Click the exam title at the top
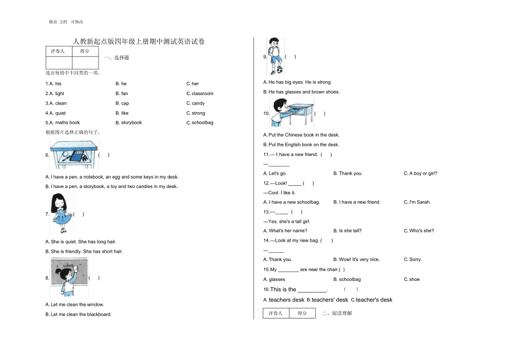click(139, 41)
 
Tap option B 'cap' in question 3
click(122, 103)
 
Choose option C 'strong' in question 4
click(196, 113)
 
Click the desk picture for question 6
click(74, 154)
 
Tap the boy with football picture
click(274, 55)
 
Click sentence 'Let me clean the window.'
click(77, 305)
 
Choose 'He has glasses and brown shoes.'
click(304, 92)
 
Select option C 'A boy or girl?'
click(420, 174)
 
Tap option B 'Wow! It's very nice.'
click(356, 259)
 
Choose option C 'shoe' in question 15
click(412, 280)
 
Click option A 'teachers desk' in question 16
click(284, 300)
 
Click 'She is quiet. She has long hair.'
click(84, 242)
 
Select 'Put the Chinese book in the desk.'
click(304, 135)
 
